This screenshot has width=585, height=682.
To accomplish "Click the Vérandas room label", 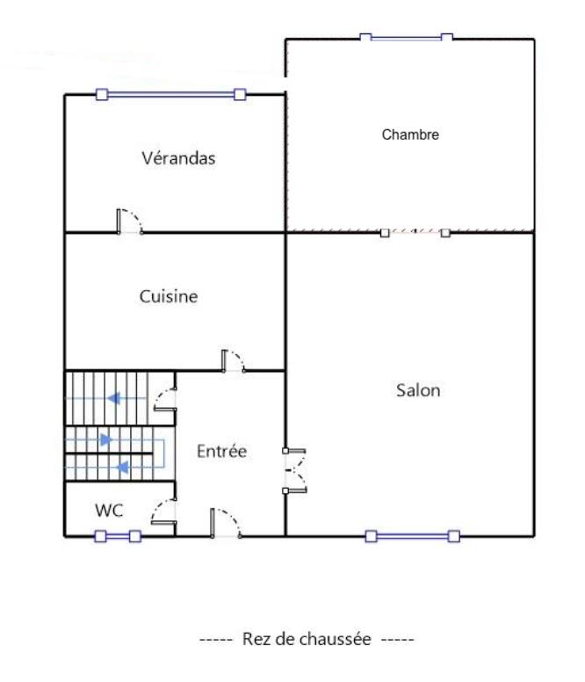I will pos(178,159).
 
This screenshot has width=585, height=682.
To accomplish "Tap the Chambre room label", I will pos(409,135).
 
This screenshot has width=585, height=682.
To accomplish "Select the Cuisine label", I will pos(169,297).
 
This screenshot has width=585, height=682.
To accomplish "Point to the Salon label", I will pos(417,391).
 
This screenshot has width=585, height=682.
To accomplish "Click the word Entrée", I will pos(221,452).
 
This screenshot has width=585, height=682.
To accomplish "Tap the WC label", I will pos(109,510).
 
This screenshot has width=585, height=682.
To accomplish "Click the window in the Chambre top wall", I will pos(406,38).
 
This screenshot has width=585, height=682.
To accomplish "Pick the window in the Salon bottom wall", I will pos(412,536).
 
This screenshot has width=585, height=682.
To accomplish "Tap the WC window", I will pos(118,536).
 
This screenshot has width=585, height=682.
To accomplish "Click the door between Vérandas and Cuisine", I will pos(130,222).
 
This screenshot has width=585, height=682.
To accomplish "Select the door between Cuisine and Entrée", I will pos(234,360).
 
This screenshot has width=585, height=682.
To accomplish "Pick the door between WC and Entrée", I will pos(164,511).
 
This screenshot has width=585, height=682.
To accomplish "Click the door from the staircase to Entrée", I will pos(165,402).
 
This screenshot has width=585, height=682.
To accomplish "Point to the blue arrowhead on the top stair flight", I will pos(113,398).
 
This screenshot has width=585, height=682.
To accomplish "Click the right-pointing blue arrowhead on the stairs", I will pos(106,439).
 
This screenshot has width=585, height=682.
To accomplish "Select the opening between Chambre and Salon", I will pos(415,233).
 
